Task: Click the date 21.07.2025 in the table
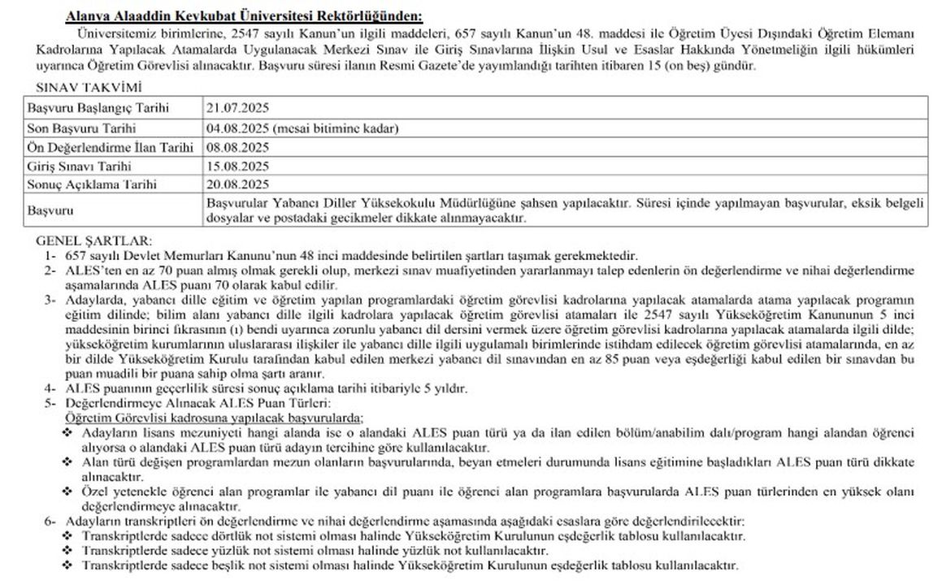tap(237, 107)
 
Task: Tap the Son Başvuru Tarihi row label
tap(81, 128)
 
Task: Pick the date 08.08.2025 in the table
tap(237, 147)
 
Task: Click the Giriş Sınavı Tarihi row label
tap(80, 166)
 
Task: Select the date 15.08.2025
tap(237, 166)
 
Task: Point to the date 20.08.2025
tap(237, 184)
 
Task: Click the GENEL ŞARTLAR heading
tap(94, 241)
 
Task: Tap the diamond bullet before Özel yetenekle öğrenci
tap(67, 493)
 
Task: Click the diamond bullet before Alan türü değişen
tap(67, 461)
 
